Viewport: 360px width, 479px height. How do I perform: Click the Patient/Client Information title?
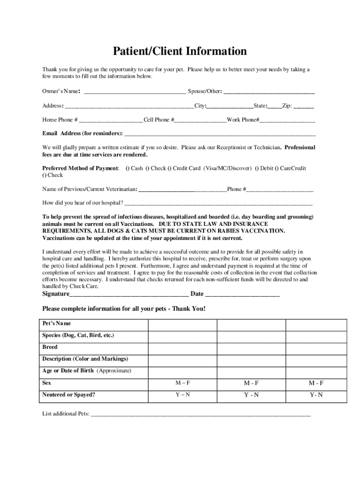pos(180,51)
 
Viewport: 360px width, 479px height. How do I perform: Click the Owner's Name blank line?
pos(134,92)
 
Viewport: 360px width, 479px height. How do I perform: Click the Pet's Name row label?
pos(57,324)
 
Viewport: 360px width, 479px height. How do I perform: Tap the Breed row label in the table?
pos(50,347)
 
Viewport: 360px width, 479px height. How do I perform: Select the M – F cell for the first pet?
pos(182,383)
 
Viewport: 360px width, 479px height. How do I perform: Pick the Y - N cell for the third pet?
pos(316,395)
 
